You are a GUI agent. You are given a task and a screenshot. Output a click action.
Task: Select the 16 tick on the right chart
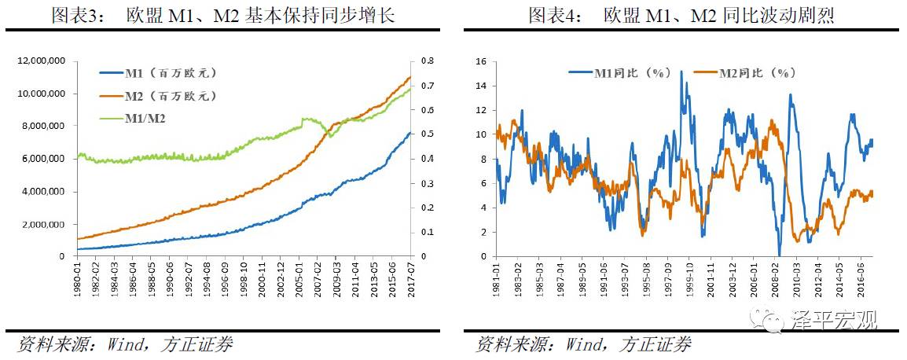[482, 61]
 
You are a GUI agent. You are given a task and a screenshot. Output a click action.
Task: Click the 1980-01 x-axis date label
[79, 275]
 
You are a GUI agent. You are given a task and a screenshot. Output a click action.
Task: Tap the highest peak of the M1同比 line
[681, 72]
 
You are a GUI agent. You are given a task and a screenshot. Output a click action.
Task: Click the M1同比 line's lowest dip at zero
[780, 255]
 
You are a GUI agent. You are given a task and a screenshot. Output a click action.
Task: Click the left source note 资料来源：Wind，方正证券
[126, 344]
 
